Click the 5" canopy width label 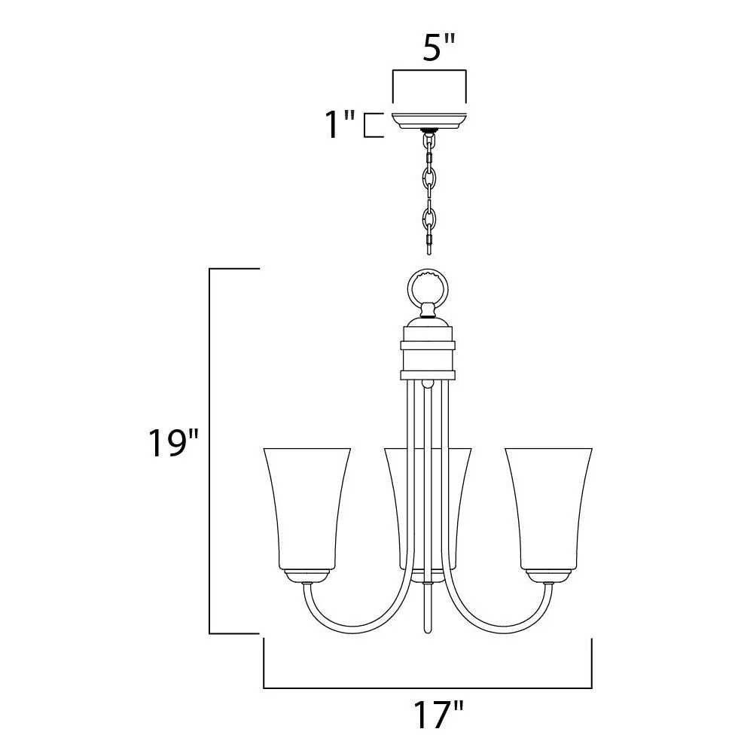[x=438, y=47]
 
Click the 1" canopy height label [x=340, y=124]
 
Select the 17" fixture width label [x=438, y=714]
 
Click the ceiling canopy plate [x=428, y=121]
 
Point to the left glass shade [x=307, y=509]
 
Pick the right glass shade [x=549, y=509]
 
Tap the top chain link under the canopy [x=428, y=140]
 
